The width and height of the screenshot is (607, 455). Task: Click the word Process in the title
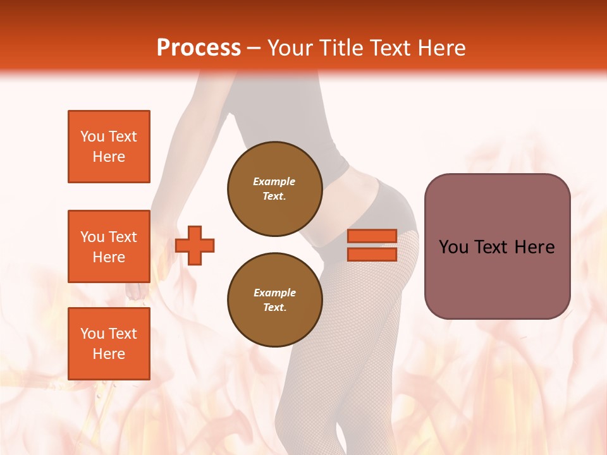coord(199,48)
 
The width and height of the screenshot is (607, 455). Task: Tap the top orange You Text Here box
coord(109,147)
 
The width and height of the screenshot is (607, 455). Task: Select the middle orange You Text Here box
coord(109,246)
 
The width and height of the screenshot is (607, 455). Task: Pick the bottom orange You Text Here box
coord(109,344)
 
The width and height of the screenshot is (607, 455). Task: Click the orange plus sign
coord(195,245)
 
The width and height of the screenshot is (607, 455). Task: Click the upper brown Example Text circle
coord(274,189)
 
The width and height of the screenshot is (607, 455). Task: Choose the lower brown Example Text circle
coord(274,300)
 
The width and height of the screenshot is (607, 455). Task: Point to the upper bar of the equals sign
coord(372,236)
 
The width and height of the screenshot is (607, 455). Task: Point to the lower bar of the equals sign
coord(372,254)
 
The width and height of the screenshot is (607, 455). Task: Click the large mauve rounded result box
coord(497,278)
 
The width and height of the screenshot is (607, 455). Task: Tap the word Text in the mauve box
coord(491,247)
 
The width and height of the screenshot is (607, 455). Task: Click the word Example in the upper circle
coord(274,182)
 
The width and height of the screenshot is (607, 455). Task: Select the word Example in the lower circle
coord(274,293)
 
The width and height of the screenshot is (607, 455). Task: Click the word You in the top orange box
coord(92,136)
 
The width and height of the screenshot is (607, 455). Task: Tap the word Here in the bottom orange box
coord(109,354)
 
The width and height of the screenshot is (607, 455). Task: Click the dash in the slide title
coord(254,48)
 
